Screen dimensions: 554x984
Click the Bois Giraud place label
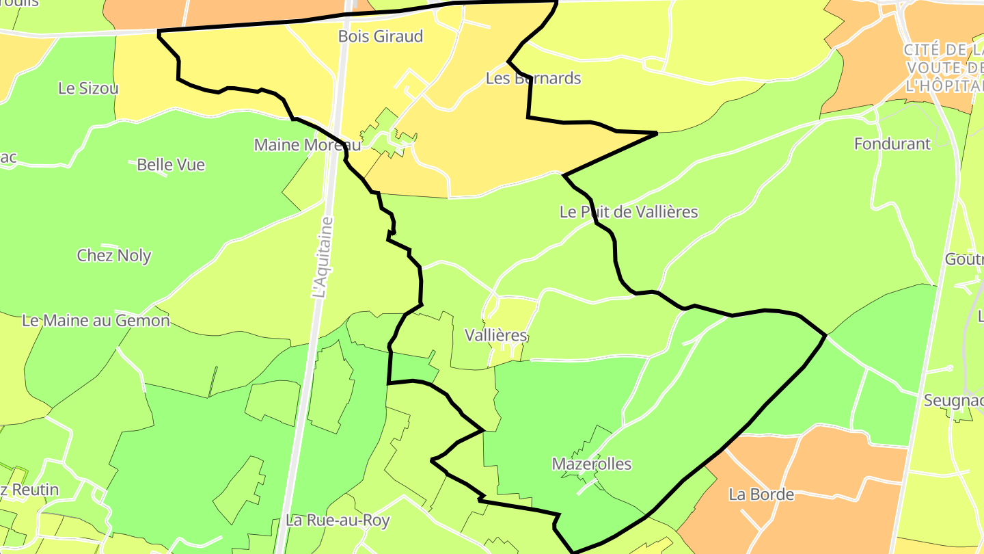click(x=381, y=36)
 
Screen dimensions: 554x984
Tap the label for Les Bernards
click(x=533, y=78)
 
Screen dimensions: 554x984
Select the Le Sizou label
click(x=88, y=88)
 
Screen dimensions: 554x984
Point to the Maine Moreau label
click(x=307, y=145)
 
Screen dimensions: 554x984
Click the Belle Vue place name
click(x=171, y=165)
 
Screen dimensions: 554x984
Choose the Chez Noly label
click(x=114, y=256)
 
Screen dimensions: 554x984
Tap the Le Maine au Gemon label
click(x=96, y=320)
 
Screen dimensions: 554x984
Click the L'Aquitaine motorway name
click(x=322, y=258)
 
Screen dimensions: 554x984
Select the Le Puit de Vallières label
click(x=629, y=212)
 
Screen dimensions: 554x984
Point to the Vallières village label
click(x=496, y=336)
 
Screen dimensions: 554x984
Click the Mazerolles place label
click(x=592, y=464)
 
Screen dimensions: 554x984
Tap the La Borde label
click(x=761, y=494)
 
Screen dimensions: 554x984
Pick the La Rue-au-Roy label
click(x=338, y=520)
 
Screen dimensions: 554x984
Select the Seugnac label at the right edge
click(x=953, y=401)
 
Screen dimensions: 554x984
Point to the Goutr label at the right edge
click(x=964, y=260)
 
